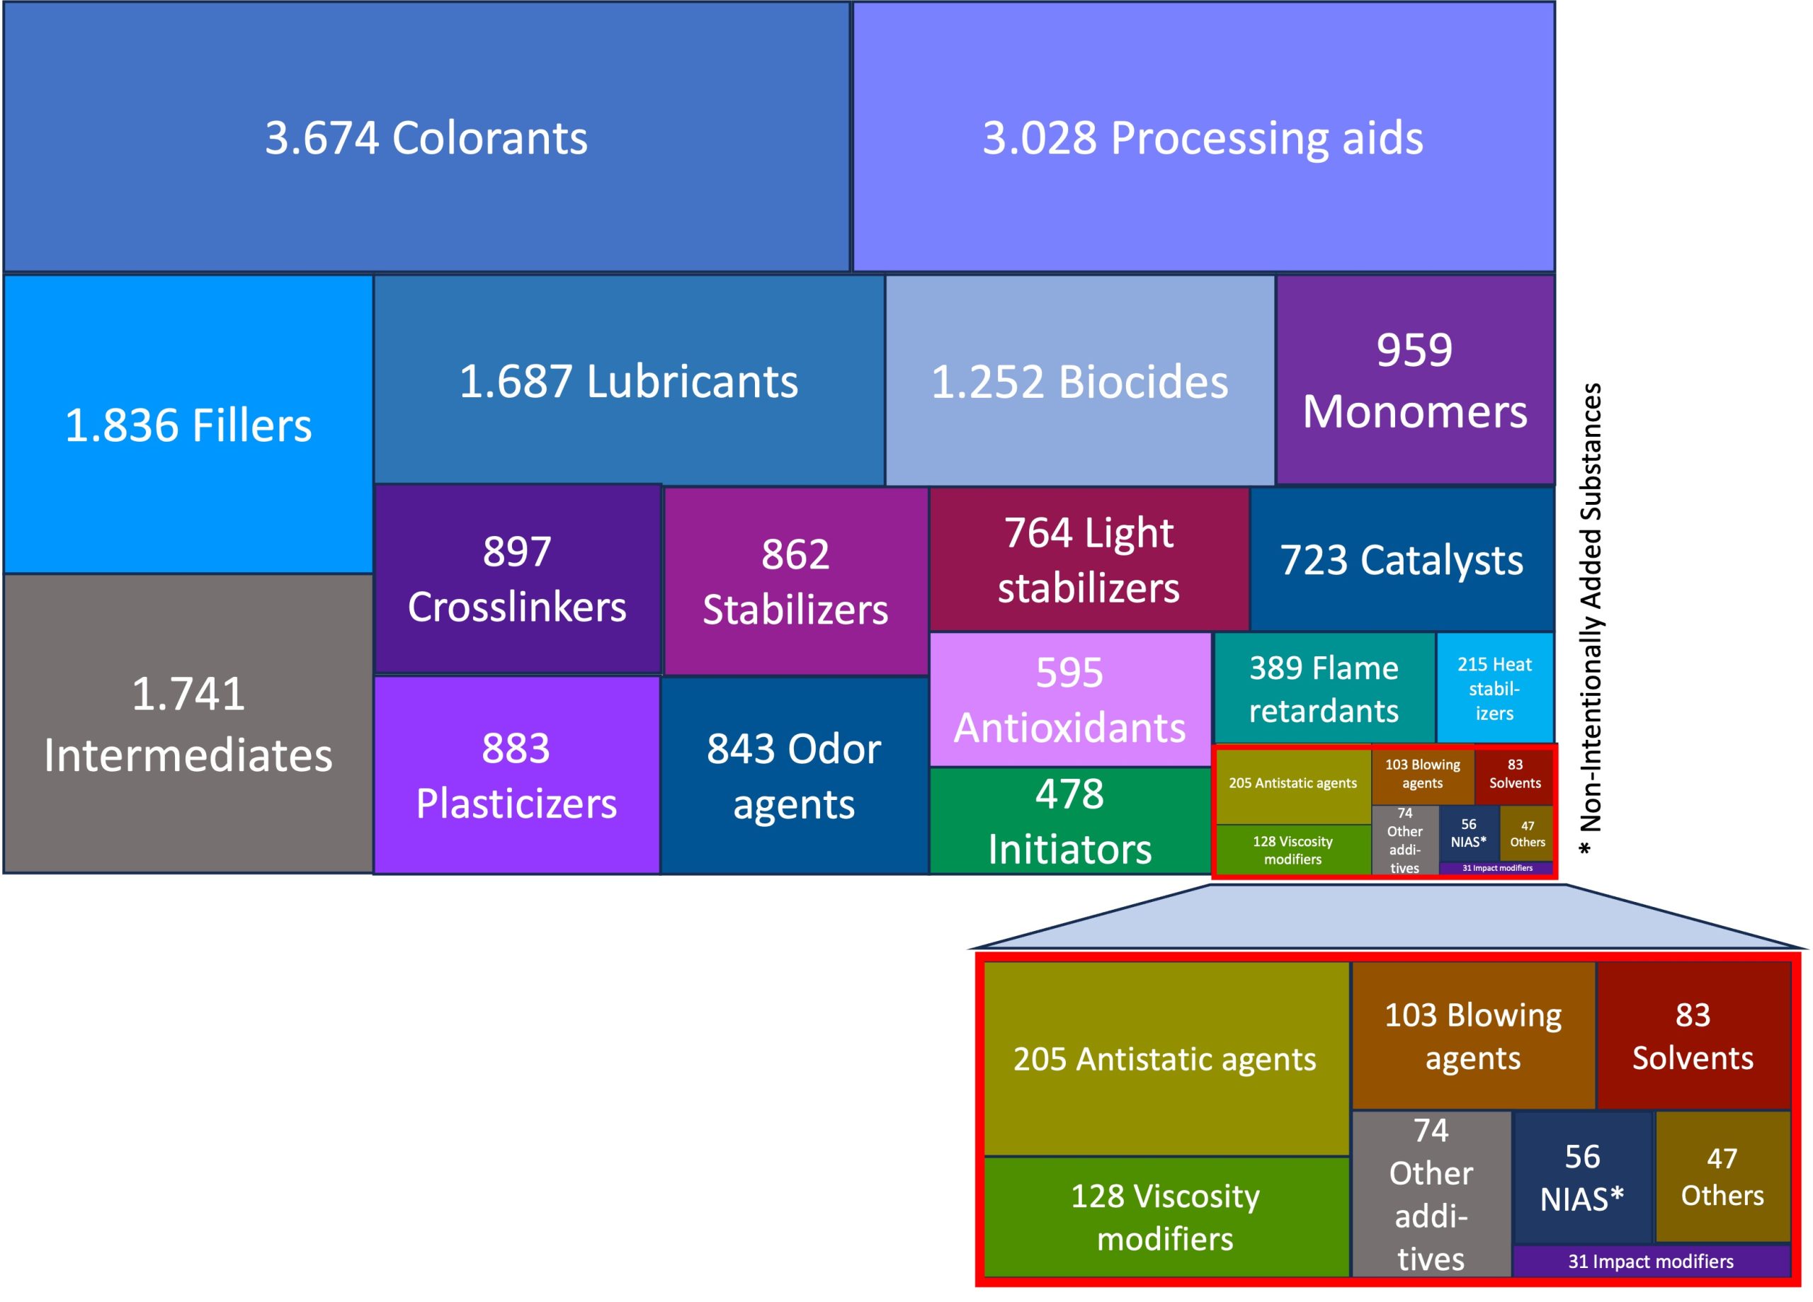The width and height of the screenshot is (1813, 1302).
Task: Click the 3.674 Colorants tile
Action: tap(426, 137)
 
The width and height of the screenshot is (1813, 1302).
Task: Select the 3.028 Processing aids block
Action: tap(1203, 137)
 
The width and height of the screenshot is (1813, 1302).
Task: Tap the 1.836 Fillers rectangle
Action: tap(188, 424)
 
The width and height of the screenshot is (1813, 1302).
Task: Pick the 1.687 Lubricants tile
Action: tap(629, 380)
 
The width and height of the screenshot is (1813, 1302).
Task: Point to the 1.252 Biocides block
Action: tap(1080, 380)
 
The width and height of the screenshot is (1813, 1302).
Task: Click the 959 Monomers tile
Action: tap(1415, 380)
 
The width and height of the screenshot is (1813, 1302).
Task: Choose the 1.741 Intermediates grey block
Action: tap(188, 724)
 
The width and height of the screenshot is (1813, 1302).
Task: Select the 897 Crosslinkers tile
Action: tap(517, 578)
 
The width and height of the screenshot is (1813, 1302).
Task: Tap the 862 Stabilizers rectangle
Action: tap(795, 581)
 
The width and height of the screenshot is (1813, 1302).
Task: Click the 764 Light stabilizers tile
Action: tap(1089, 559)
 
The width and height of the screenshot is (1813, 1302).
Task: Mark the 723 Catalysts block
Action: tap(1402, 559)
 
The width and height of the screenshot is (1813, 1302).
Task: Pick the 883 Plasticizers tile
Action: tap(516, 775)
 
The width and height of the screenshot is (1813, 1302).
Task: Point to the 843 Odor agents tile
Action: tap(794, 775)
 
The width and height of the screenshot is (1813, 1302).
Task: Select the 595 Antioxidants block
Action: tap(1069, 699)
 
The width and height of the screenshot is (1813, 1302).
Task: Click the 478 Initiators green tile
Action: tap(1069, 821)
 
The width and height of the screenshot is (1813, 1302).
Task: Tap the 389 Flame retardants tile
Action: tap(1324, 688)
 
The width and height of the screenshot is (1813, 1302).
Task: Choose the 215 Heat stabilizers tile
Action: tap(1494, 688)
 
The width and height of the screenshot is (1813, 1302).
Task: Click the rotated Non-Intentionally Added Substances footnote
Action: tap(1591, 619)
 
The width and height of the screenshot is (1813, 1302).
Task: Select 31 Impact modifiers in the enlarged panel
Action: tap(1651, 1261)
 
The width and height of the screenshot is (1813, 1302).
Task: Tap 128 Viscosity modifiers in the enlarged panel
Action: tap(1166, 1216)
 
